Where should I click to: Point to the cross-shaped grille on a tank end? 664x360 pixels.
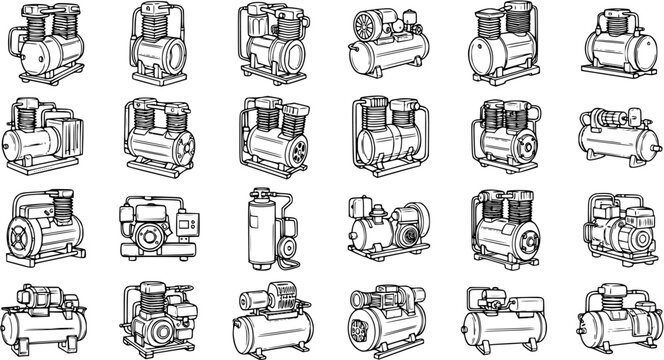click(22, 241)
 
